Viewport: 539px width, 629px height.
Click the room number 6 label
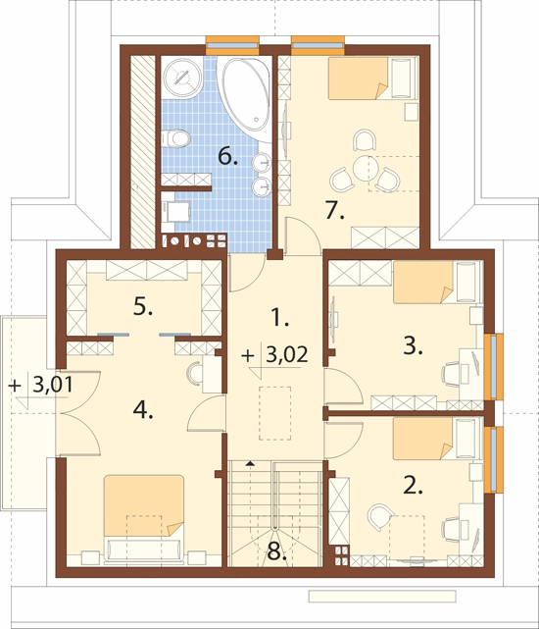click(227, 156)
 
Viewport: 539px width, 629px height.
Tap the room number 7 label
click(334, 210)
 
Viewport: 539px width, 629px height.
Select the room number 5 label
click(143, 307)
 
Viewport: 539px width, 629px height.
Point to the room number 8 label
click(276, 551)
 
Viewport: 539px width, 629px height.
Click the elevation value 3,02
click(287, 354)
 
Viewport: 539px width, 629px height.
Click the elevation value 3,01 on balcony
click(53, 385)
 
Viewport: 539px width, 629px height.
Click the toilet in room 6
click(175, 138)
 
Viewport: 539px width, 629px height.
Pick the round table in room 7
click(365, 169)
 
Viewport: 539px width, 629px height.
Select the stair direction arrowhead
click(251, 464)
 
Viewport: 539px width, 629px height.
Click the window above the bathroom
click(232, 44)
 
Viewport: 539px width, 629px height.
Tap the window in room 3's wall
click(494, 366)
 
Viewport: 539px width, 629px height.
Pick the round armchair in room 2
click(380, 517)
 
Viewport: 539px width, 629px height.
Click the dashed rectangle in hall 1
click(275, 413)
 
